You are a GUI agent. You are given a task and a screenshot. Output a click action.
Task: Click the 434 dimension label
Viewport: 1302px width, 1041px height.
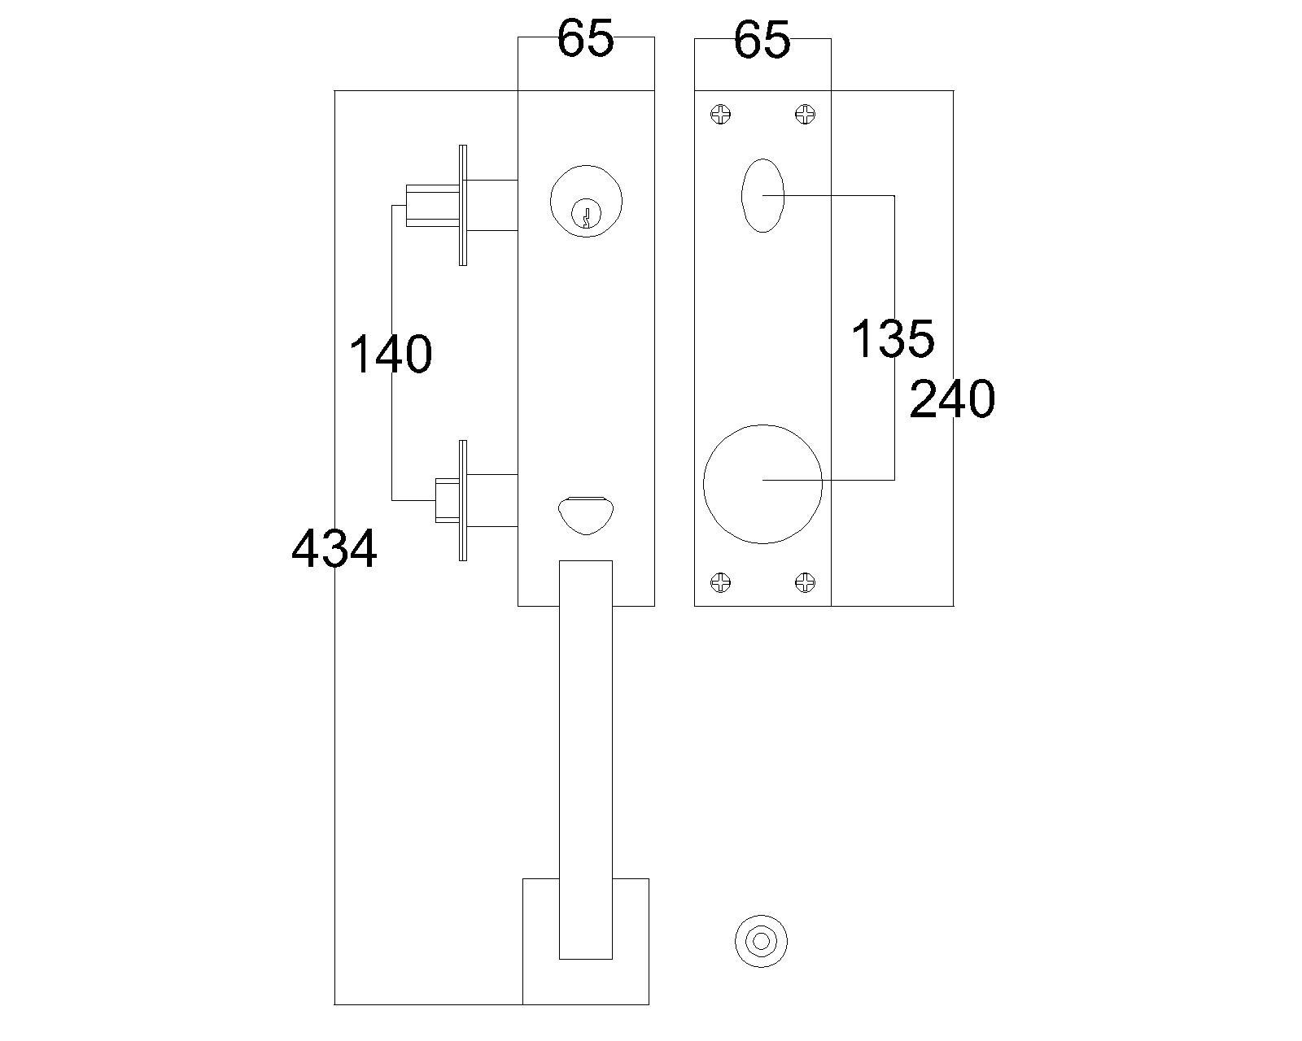[334, 549]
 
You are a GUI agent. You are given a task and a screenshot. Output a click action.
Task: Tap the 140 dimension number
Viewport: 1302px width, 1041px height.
[391, 355]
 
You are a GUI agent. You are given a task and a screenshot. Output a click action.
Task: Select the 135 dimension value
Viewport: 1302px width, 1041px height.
[893, 339]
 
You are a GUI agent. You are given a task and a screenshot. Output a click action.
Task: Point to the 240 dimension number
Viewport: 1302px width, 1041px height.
[952, 399]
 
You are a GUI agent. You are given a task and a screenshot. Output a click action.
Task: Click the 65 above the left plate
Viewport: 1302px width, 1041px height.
[585, 39]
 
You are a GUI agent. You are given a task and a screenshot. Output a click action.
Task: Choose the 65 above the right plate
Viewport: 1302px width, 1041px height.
[762, 40]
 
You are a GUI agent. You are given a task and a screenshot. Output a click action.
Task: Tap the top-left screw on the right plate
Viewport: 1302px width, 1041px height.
[721, 115]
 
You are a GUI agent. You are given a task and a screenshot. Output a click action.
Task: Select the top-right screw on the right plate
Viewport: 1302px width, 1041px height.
[805, 115]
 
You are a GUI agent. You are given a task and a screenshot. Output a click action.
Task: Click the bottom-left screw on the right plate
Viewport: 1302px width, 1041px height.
[721, 582]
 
